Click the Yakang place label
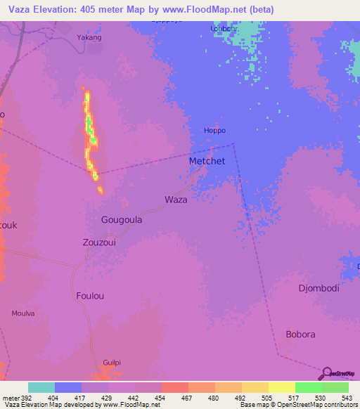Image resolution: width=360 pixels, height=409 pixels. pos(89,37)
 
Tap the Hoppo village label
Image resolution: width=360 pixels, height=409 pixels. pos(214,131)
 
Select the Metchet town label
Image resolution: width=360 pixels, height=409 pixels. pos(207,161)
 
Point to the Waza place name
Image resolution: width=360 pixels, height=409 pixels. pos(176,200)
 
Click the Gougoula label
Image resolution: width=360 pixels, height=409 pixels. pos(122,220)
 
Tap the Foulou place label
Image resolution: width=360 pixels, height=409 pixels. pos(90,296)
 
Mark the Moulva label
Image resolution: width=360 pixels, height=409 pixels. pos(23,313)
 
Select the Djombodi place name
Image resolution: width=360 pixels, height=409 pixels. pos(319,288)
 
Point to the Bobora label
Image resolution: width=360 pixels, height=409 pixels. pos(300,334)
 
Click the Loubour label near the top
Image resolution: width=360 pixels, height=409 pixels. pos(224,29)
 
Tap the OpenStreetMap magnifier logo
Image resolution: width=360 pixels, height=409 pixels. pos(327,373)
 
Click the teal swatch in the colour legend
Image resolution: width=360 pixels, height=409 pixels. pos(41,387)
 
